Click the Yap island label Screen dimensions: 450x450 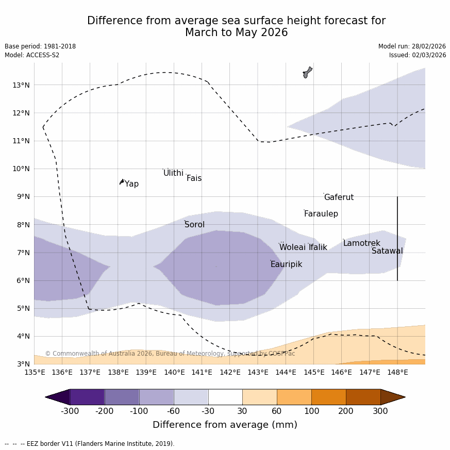[131, 184]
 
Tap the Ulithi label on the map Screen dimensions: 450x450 [173, 173]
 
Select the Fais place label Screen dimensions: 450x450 [194, 178]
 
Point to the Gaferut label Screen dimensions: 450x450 [339, 197]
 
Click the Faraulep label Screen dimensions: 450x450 [321, 214]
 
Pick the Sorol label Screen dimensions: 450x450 [194, 225]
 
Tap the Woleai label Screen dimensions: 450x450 [292, 247]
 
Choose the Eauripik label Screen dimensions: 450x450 [286, 264]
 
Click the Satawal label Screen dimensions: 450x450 [387, 251]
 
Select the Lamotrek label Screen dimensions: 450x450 [361, 243]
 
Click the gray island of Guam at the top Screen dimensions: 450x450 [307, 72]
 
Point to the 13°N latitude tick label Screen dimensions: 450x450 [21, 85]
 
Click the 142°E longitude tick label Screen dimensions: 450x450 [230, 372]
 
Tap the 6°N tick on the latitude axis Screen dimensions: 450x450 [23, 280]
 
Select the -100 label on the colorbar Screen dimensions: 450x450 [139, 411]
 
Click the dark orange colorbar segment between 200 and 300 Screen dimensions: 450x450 [363, 397]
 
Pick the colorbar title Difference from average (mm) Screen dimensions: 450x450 [225, 425]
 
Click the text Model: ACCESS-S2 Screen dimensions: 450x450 [32, 55]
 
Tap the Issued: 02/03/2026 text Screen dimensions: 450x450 [418, 55]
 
